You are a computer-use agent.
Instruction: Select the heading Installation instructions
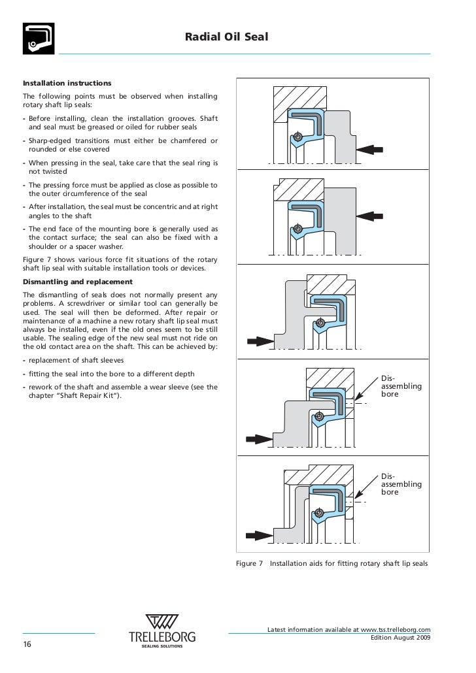[x=67, y=84]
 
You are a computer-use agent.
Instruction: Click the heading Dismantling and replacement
[x=78, y=282]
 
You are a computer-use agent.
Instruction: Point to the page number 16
[x=28, y=644]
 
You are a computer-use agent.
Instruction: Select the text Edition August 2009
[x=400, y=638]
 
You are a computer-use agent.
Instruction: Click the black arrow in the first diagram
[x=371, y=149]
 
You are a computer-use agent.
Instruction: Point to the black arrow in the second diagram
[x=371, y=214]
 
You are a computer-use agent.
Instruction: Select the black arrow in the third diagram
[x=260, y=341]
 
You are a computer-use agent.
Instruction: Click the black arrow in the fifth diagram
[x=257, y=534]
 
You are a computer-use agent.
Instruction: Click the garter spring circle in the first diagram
[x=298, y=137]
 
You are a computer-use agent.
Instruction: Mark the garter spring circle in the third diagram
[x=320, y=322]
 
